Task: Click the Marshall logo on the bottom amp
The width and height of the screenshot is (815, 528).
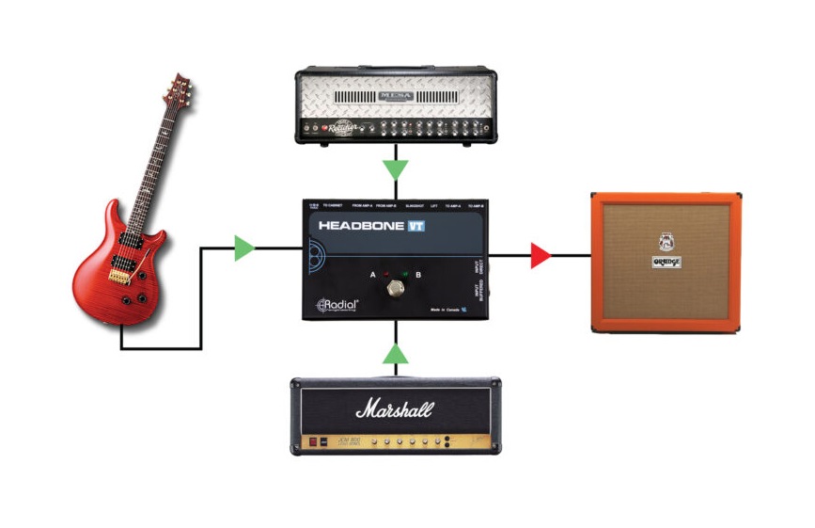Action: pyautogui.click(x=395, y=409)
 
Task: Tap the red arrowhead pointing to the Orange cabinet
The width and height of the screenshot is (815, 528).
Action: pyautogui.click(x=539, y=255)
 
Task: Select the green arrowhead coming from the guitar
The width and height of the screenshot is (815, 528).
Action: pyautogui.click(x=244, y=248)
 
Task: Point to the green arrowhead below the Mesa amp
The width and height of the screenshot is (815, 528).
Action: pyautogui.click(x=396, y=170)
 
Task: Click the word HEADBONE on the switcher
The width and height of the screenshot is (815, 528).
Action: pyautogui.click(x=360, y=226)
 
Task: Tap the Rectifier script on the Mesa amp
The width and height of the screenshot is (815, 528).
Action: pyautogui.click(x=339, y=128)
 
